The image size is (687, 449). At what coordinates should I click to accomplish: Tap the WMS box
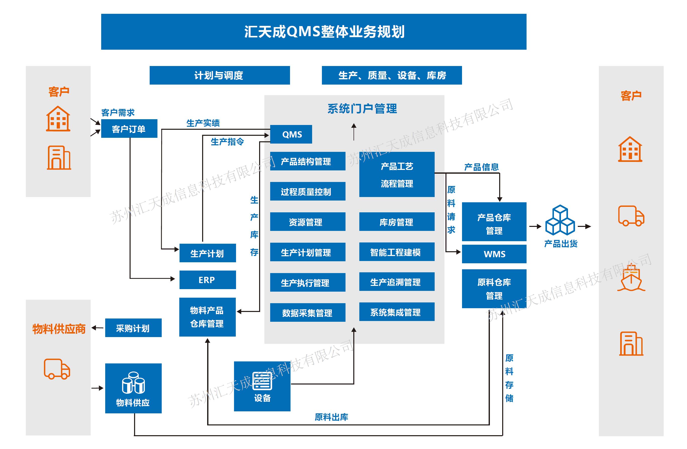(x=494, y=254)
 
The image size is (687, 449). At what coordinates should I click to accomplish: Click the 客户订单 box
(x=129, y=129)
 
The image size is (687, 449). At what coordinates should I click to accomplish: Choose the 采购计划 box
(x=133, y=328)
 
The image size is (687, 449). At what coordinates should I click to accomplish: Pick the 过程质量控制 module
(x=307, y=191)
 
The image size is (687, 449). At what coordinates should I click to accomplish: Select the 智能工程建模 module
(x=397, y=252)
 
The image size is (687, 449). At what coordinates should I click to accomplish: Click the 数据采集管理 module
(x=307, y=312)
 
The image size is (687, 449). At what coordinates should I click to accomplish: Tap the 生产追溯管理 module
(x=397, y=282)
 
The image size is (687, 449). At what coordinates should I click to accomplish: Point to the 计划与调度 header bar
(x=219, y=75)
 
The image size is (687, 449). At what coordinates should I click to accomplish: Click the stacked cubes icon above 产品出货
(x=560, y=220)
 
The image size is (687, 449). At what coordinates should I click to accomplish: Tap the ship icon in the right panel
(x=631, y=278)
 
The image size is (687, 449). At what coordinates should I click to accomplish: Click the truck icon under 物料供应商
(x=57, y=369)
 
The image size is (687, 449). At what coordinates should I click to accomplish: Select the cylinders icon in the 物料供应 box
(x=133, y=383)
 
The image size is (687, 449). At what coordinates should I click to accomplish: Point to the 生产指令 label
(x=227, y=142)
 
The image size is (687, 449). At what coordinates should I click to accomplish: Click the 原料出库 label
(x=331, y=417)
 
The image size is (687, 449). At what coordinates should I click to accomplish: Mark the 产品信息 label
(x=481, y=167)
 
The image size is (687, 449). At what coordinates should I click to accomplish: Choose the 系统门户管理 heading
(x=362, y=109)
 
